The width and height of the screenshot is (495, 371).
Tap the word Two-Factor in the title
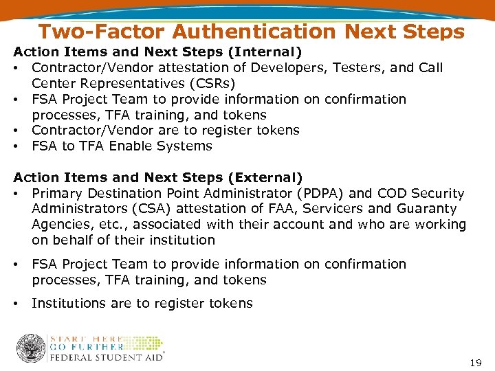(x=102, y=32)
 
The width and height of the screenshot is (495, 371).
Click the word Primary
(x=58, y=194)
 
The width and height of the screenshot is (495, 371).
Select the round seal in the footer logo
(x=30, y=349)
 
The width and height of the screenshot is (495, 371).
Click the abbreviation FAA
(x=278, y=209)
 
